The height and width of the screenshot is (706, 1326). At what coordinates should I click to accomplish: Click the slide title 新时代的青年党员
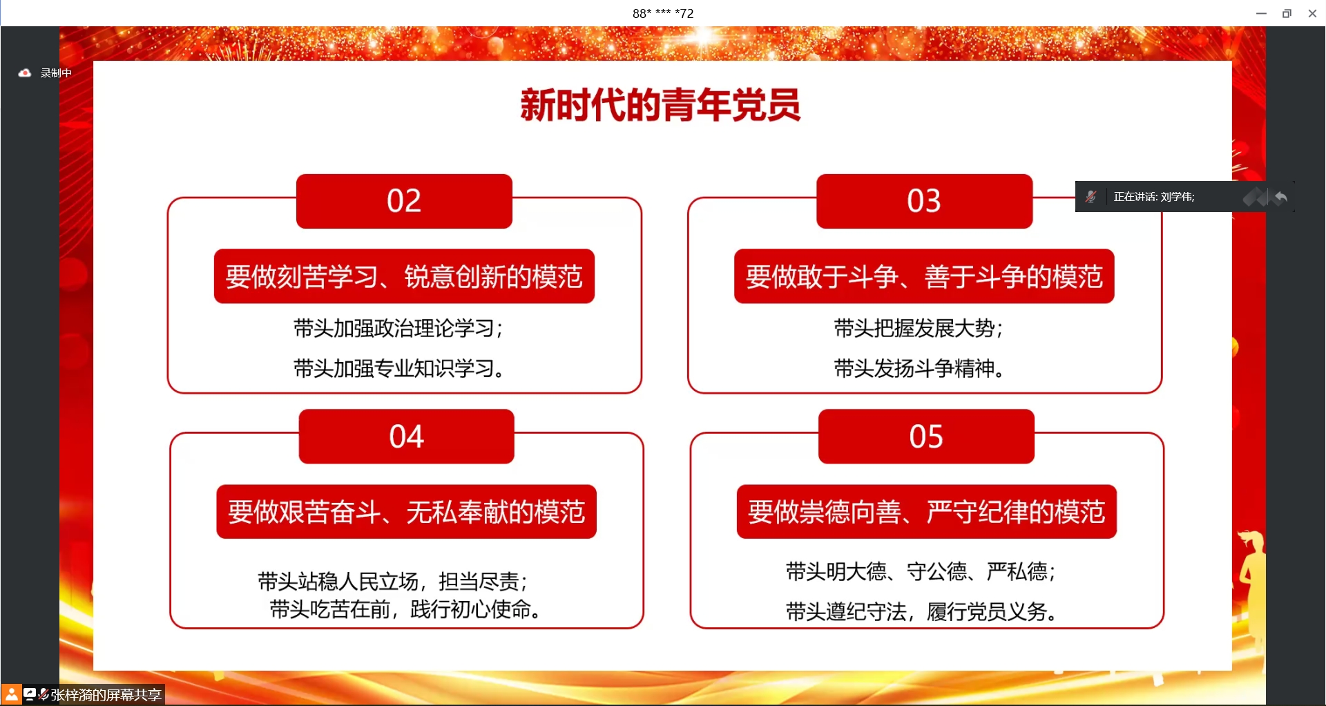[x=660, y=106]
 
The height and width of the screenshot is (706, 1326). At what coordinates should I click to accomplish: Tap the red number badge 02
[x=404, y=201]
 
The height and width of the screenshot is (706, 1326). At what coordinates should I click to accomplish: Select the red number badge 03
[x=924, y=201]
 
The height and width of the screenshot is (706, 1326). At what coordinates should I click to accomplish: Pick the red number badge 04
[x=406, y=437]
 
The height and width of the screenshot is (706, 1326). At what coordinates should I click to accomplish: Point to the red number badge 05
[x=926, y=437]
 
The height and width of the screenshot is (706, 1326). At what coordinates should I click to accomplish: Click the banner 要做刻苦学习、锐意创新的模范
[x=404, y=276]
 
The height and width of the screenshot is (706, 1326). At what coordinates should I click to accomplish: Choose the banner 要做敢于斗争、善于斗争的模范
[x=924, y=276]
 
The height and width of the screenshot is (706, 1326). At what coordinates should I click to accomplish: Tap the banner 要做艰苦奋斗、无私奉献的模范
[x=406, y=512]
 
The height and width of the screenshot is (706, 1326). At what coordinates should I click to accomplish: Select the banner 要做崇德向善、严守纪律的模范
[x=926, y=512]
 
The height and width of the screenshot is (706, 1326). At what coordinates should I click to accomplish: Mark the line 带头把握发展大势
[x=918, y=328]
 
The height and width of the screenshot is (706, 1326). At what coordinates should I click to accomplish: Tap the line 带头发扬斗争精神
[x=918, y=368]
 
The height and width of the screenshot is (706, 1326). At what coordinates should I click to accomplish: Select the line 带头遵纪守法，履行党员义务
[x=921, y=611]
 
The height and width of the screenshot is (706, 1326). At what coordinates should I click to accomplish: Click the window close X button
[x=1312, y=13]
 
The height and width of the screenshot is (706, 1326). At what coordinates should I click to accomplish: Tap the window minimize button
[x=1261, y=13]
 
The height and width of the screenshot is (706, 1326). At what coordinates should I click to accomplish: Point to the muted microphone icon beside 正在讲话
[x=1091, y=197]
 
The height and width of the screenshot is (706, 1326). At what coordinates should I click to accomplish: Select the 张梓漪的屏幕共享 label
[x=105, y=694]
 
